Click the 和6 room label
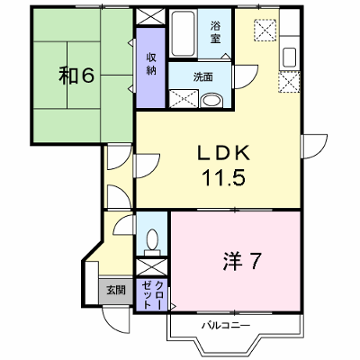point(76,76)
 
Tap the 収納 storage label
point(151,64)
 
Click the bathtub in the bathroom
point(183,33)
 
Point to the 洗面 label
point(203,77)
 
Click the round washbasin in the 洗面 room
point(211,101)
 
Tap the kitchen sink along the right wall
point(290,58)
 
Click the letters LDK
point(223,153)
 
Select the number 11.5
point(224,177)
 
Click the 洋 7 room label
point(242,261)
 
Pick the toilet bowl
point(152,239)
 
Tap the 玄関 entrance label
point(116,290)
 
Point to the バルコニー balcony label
point(226,325)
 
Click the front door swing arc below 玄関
point(114,319)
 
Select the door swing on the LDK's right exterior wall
point(315,147)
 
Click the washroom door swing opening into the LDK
point(246,76)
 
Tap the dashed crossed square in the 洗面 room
point(183,98)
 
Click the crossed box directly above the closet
point(151,267)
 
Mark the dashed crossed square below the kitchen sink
point(289,82)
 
